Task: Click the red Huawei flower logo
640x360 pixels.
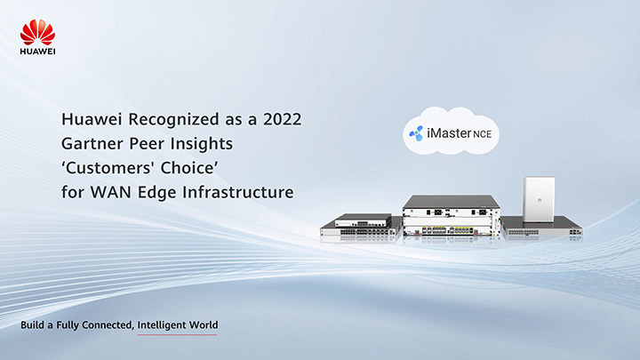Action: tap(37, 32)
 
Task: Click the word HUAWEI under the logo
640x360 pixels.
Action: tap(37, 52)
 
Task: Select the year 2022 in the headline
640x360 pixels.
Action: tap(283, 119)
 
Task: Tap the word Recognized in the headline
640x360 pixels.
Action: tap(174, 120)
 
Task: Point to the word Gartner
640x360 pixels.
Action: tap(92, 144)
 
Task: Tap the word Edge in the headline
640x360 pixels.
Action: tap(157, 193)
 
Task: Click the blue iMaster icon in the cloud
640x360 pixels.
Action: tap(416, 133)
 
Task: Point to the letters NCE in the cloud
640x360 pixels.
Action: tap(483, 134)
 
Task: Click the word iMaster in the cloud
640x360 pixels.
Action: tap(449, 133)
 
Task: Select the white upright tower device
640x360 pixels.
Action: tap(539, 199)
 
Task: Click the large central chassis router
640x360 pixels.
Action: tap(452, 215)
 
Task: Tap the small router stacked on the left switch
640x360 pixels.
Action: tap(363, 220)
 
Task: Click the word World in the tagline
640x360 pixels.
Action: tap(203, 325)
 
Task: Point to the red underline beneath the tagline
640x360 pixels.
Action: tap(178, 335)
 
